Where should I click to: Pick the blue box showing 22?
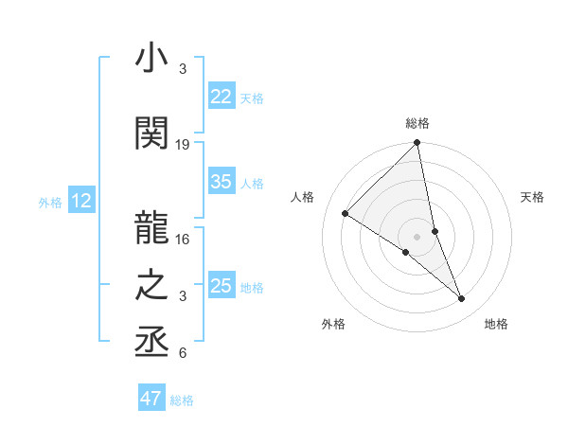tap(222, 97)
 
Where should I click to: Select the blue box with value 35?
tap(222, 183)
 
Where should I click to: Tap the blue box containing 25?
tap(222, 286)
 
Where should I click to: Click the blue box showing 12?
tap(81, 201)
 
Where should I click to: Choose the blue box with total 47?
tap(151, 399)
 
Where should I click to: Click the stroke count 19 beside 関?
tap(183, 145)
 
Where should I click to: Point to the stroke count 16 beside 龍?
tap(183, 240)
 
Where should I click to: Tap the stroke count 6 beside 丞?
tap(183, 353)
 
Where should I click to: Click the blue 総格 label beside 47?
tap(183, 400)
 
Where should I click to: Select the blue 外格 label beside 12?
tap(49, 202)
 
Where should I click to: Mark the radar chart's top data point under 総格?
tap(417, 143)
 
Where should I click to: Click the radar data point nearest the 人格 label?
tap(346, 214)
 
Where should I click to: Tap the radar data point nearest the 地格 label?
tap(462, 299)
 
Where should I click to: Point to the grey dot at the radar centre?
tap(417, 236)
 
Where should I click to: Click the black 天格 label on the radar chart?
tap(533, 197)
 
